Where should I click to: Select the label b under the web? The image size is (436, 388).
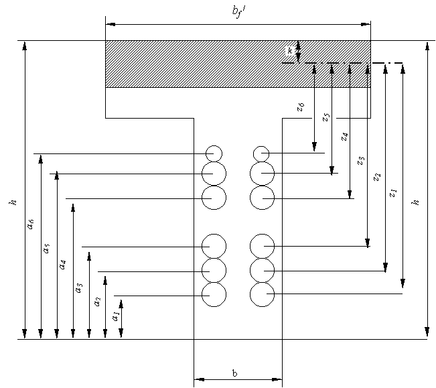(234, 373)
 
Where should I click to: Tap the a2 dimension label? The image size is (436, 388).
(98, 302)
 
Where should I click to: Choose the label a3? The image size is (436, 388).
(80, 287)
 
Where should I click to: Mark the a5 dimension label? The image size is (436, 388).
(46, 248)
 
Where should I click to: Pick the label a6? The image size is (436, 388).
(30, 225)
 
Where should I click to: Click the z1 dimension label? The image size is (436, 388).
(394, 192)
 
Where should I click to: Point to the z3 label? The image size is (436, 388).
(361, 160)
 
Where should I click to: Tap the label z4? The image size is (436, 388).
(344, 137)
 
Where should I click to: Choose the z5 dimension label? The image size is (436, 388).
(326, 117)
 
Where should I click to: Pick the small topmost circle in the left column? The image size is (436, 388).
(214, 153)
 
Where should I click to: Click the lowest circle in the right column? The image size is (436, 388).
(262, 294)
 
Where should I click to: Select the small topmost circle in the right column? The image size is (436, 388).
(261, 153)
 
